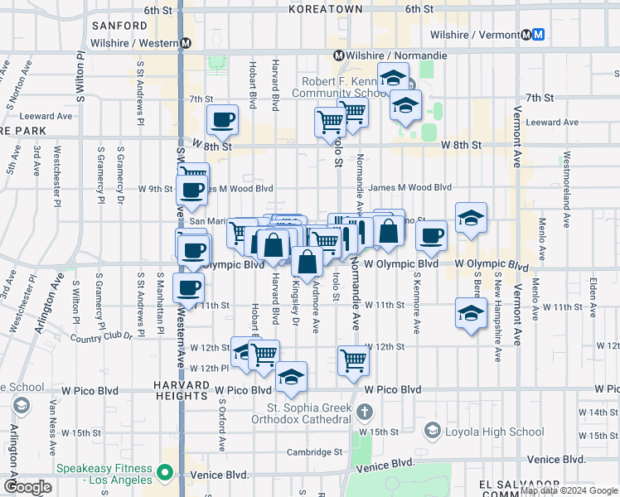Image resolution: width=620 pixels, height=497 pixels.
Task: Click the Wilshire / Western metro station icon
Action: [185, 43]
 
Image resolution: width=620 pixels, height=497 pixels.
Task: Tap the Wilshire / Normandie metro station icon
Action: [338, 55]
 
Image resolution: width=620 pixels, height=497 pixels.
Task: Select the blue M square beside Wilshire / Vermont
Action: [539, 35]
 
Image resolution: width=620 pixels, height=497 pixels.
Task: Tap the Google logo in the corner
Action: [27, 487]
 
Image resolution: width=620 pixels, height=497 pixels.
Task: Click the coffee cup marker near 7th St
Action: [222, 120]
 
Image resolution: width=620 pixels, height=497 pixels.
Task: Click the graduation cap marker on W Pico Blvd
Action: [290, 377]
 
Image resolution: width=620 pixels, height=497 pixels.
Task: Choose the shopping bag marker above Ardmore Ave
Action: [307, 262]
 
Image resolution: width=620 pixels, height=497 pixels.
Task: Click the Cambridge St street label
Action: [315, 451]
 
